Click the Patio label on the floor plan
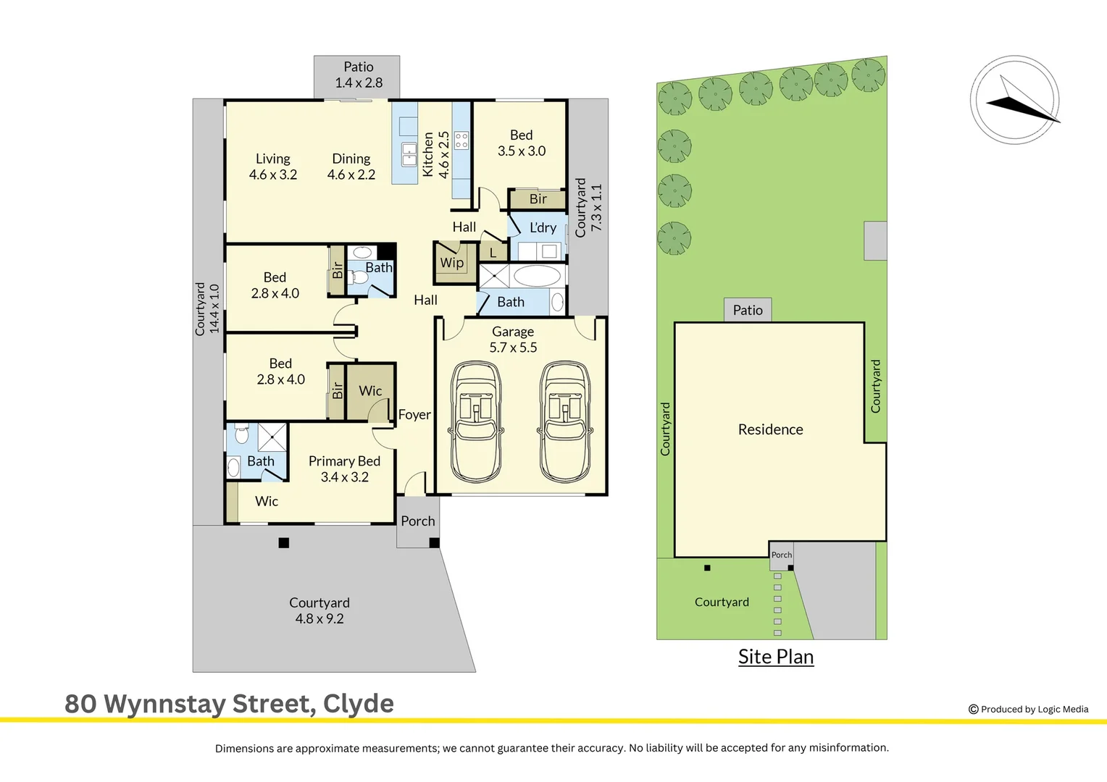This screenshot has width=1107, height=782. pyautogui.click(x=359, y=75)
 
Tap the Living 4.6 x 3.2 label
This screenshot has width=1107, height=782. pyautogui.click(x=273, y=167)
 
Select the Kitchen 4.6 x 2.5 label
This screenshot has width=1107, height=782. pyautogui.click(x=436, y=154)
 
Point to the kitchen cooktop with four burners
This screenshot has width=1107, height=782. pyautogui.click(x=461, y=140)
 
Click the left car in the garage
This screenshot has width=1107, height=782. pyautogui.click(x=476, y=422)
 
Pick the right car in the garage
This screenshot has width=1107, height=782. pyautogui.click(x=565, y=422)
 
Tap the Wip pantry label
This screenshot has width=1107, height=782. pyautogui.click(x=452, y=262)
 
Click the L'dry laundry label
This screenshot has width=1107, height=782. pyautogui.click(x=543, y=227)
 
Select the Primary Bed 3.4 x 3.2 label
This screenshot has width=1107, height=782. pyautogui.click(x=345, y=468)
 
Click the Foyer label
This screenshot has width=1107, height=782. pyautogui.click(x=414, y=414)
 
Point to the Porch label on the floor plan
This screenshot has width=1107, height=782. pyautogui.click(x=418, y=521)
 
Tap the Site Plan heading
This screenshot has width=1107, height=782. pyautogui.click(x=776, y=656)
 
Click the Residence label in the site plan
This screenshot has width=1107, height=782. pyautogui.click(x=770, y=429)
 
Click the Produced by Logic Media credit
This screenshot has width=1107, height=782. pyautogui.click(x=1029, y=709)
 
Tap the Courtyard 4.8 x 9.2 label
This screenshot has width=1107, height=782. pyautogui.click(x=319, y=610)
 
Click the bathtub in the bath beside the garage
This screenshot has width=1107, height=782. pyautogui.click(x=536, y=276)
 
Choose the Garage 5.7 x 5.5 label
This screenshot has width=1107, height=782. pyautogui.click(x=513, y=340)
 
